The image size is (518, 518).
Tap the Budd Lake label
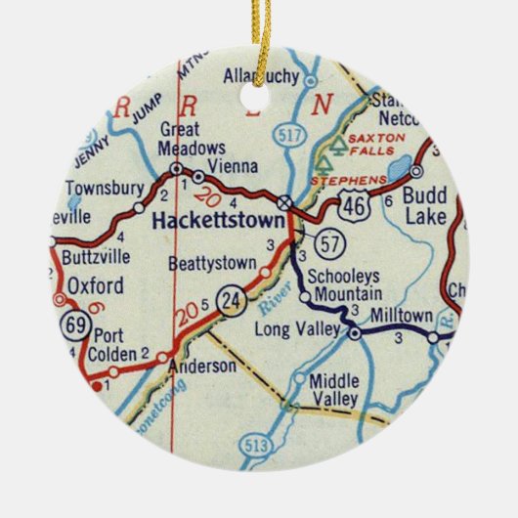pos(424,204)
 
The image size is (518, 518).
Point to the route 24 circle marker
pos(231,296)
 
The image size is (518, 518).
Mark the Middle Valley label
pos(335,389)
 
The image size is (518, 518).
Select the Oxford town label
pos(96,286)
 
